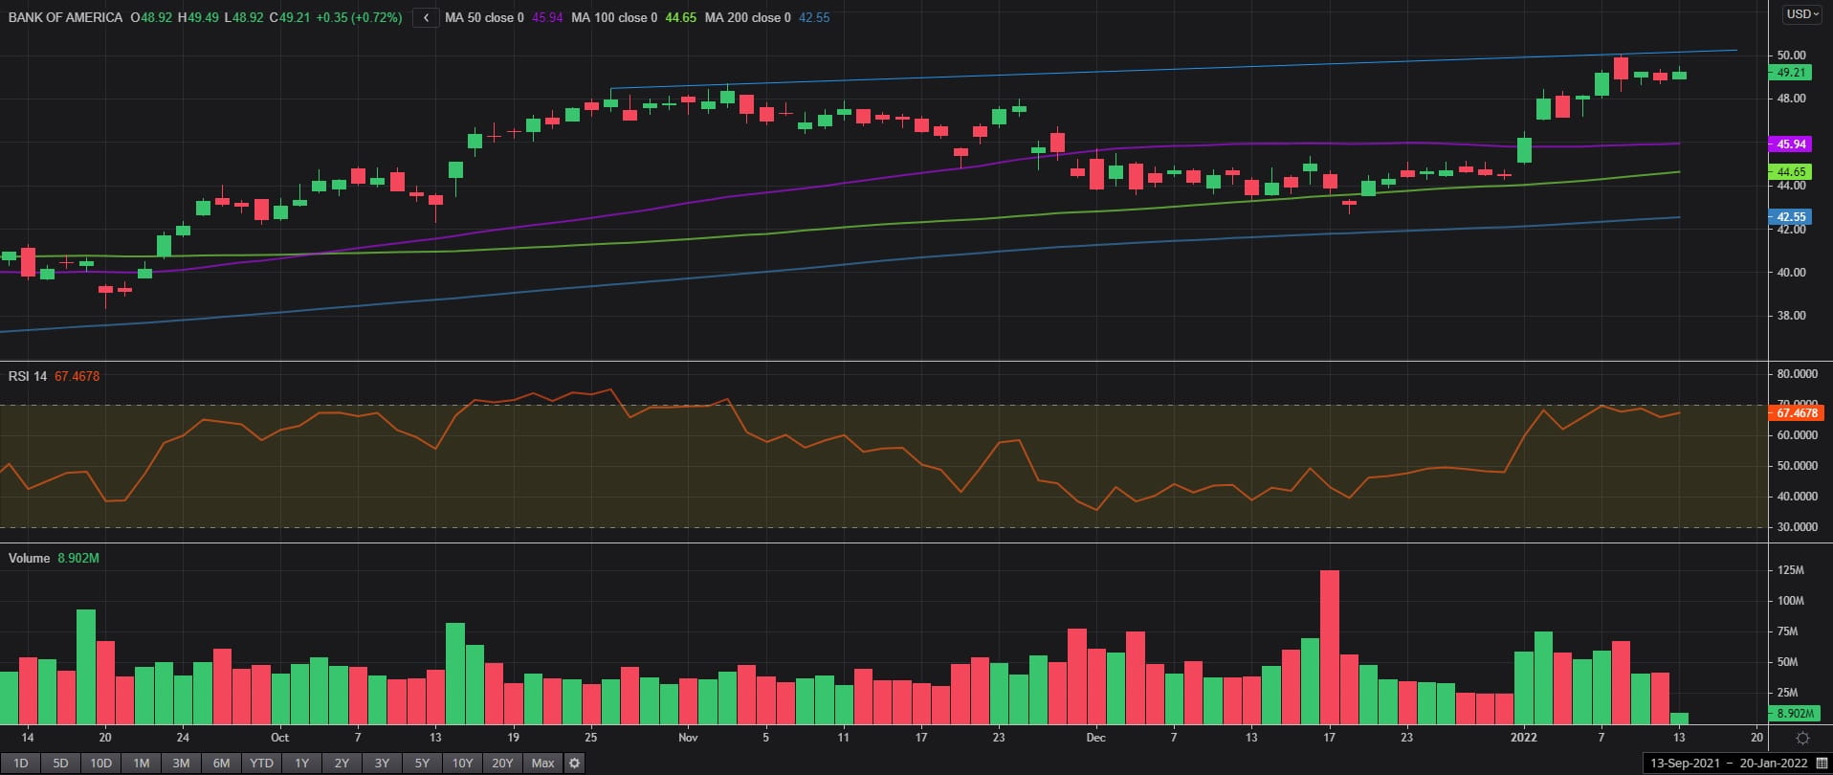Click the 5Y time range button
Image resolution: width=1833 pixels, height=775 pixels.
click(422, 764)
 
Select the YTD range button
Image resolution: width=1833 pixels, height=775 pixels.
click(261, 764)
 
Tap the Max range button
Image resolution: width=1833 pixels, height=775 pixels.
click(542, 764)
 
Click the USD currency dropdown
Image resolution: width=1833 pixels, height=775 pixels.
click(1802, 14)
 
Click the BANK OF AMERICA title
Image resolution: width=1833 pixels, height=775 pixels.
click(65, 17)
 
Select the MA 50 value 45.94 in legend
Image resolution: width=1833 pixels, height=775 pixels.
click(547, 17)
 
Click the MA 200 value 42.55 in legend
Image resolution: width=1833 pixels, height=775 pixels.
click(814, 17)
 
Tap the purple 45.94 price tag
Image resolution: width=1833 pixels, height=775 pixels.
click(1791, 144)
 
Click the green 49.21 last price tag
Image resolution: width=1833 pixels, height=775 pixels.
click(1791, 73)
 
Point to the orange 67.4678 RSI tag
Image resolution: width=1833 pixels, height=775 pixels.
click(1796, 413)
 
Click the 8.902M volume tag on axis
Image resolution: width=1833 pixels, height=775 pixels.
click(1795, 713)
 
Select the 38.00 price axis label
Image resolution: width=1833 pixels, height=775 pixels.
click(1791, 316)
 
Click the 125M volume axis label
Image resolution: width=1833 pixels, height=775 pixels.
click(1790, 570)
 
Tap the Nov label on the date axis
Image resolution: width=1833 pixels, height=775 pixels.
click(687, 738)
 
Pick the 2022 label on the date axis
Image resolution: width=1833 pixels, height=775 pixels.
click(1523, 738)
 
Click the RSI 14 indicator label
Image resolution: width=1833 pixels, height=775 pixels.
click(28, 376)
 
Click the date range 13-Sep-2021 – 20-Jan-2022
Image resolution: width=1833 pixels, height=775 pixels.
click(1729, 764)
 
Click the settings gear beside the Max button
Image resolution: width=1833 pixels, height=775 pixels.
click(574, 764)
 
